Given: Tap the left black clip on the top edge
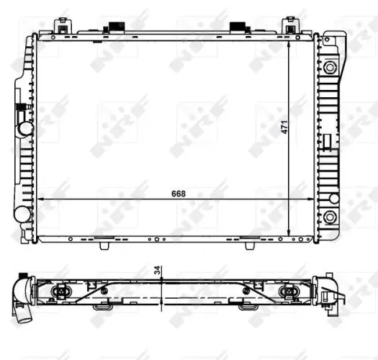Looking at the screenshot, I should click(x=113, y=28).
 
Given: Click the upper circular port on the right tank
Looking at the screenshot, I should click(x=330, y=68).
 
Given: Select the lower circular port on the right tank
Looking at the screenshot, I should click(x=330, y=217).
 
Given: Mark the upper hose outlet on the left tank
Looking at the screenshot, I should click(x=25, y=128).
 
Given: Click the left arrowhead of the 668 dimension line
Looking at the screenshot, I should click(x=40, y=199).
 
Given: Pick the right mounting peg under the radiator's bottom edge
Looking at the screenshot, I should click(x=250, y=245).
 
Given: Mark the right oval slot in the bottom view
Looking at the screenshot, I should click(x=289, y=291).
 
